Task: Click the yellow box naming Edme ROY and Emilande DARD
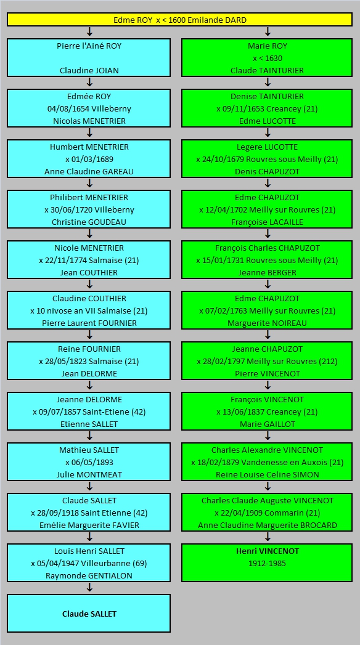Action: pos(179,20)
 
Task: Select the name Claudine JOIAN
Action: pos(89,70)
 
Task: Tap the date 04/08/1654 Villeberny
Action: pos(89,108)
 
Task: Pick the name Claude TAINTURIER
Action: pos(267,70)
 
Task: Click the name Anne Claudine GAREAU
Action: pos(89,171)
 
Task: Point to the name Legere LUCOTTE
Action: pos(267,147)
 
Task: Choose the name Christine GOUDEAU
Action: pos(89,222)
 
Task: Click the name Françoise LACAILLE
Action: pos(267,222)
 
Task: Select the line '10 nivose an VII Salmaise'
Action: pos(89,310)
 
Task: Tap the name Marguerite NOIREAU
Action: pos(267,323)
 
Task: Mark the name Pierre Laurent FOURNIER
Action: pos(89,323)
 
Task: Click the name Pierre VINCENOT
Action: pos(267,374)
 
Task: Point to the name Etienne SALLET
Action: pos(89,424)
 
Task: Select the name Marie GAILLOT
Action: pos(267,424)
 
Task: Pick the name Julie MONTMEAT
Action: pos(89,475)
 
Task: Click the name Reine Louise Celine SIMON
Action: pos(267,475)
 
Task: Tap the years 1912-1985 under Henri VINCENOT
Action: pos(267,564)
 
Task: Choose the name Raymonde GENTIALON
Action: pos(89,576)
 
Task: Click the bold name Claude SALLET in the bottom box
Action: pos(89,614)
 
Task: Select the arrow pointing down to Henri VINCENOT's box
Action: pos(268,537)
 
